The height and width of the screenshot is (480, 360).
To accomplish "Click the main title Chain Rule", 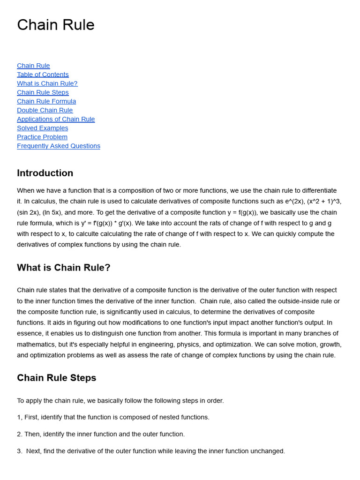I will click(x=56, y=25).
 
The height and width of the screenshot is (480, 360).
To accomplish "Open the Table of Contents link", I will click(x=43, y=75).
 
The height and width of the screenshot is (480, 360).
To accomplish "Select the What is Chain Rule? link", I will click(x=47, y=83).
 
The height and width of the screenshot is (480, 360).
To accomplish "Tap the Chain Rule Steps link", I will click(x=43, y=92).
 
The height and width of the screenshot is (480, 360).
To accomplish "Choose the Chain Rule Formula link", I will click(x=46, y=101).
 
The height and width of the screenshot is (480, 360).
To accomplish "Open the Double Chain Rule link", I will click(x=45, y=110).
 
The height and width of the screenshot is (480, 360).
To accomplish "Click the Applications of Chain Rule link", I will click(x=56, y=119).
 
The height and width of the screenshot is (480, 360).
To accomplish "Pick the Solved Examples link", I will click(x=43, y=128).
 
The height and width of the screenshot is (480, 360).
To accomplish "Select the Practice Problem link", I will click(x=42, y=137).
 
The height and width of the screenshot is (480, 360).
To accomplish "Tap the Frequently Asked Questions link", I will click(x=59, y=146).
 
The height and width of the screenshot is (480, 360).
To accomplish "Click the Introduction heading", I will click(x=45, y=173).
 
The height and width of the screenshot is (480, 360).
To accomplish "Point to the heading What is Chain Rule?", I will click(x=64, y=268).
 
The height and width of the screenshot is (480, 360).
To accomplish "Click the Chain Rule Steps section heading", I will click(x=57, y=378).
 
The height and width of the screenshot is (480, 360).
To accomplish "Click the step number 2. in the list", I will click(x=20, y=434).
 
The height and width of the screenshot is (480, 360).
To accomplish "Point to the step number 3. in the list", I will click(x=20, y=451).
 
